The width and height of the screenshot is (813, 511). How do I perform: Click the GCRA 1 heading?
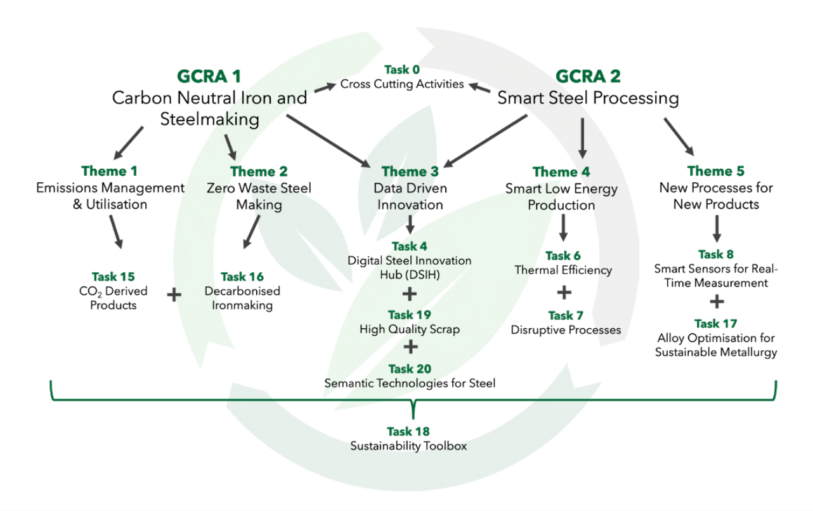click(209, 77)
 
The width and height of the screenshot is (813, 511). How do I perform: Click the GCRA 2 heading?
click(588, 77)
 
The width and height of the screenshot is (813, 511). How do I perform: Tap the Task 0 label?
click(402, 69)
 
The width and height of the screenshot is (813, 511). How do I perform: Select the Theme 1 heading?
click(109, 171)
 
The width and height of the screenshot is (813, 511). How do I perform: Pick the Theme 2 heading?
click(259, 171)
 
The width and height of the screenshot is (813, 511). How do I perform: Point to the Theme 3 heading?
click(410, 171)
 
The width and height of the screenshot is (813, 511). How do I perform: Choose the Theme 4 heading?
click(561, 172)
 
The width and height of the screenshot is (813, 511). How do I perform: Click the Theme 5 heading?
click(716, 171)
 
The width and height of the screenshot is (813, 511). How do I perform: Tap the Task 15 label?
click(114, 277)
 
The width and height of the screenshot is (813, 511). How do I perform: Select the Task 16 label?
click(242, 277)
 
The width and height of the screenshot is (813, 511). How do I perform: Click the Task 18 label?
click(408, 432)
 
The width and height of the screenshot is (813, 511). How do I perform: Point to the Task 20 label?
click(410, 369)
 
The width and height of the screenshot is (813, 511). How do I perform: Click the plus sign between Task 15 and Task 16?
click(174, 295)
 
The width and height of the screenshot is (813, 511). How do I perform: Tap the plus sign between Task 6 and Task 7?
click(564, 293)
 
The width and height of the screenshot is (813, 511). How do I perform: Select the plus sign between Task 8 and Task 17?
click(717, 302)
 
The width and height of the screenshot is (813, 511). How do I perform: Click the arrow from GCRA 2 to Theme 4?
click(583, 138)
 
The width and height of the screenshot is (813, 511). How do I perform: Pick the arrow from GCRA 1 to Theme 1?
click(129, 143)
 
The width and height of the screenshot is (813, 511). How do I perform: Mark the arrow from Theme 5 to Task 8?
click(717, 229)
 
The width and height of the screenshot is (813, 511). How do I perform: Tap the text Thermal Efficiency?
click(563, 270)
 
